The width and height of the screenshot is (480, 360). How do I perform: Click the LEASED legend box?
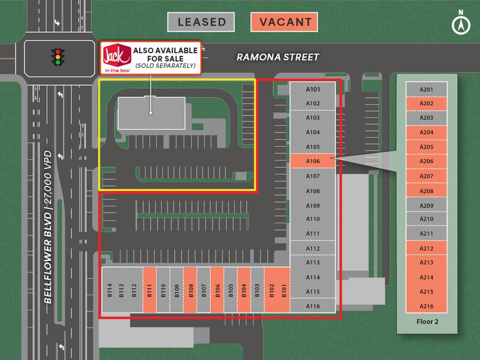(201, 22)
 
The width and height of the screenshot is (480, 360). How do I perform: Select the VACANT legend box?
(284, 22)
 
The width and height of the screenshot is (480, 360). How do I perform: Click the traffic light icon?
(58, 57)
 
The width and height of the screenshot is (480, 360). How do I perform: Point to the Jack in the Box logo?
(116, 58)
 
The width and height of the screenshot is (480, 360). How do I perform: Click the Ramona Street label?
(278, 57)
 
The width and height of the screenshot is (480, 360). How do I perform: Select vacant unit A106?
(312, 161)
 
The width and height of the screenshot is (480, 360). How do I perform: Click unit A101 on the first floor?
(312, 89)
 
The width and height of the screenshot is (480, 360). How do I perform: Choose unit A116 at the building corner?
(312, 306)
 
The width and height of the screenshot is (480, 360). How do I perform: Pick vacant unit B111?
(149, 290)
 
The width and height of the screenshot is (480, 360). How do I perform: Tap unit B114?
(109, 290)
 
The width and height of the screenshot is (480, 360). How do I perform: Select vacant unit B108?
(190, 290)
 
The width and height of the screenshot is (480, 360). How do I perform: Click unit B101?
(284, 290)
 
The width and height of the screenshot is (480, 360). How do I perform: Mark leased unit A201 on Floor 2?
(426, 89)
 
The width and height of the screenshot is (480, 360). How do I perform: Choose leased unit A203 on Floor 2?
(426, 118)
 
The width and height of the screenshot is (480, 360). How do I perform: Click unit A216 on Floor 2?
(426, 306)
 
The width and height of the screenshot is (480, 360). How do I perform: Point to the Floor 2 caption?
(427, 321)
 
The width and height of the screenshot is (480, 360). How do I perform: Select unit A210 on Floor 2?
(426, 219)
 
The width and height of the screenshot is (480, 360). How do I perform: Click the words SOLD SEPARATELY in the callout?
(165, 66)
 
